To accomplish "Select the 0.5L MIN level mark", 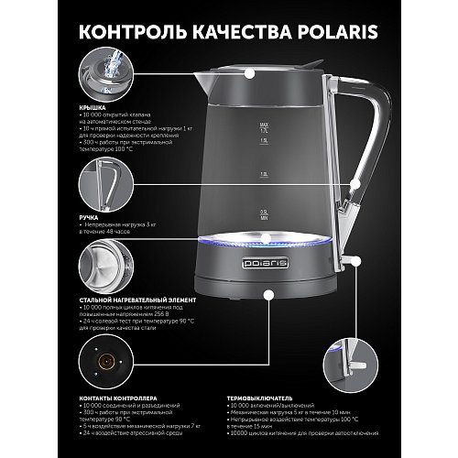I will (x=263, y=214).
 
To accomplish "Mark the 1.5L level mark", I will (x=263, y=142).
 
